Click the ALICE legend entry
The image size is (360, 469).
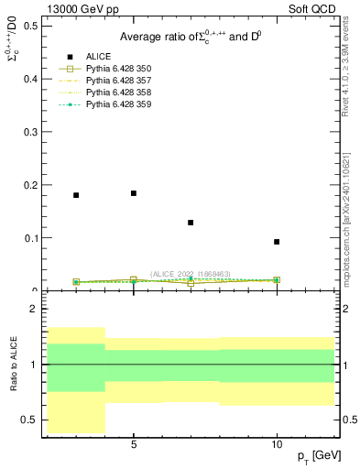click(99, 57)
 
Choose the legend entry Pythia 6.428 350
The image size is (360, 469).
click(116, 69)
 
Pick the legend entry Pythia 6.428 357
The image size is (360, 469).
click(116, 81)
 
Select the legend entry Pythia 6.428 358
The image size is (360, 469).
click(116, 93)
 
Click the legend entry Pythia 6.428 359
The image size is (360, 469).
click(116, 104)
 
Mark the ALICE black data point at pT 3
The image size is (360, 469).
click(76, 195)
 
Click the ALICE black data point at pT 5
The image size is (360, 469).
click(134, 193)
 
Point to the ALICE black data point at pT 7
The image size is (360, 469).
click(191, 223)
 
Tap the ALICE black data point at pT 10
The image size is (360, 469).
click(277, 242)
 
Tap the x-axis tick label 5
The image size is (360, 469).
click(134, 444)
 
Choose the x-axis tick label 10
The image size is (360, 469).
click(277, 444)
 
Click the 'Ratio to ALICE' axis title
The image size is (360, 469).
click(15, 364)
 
